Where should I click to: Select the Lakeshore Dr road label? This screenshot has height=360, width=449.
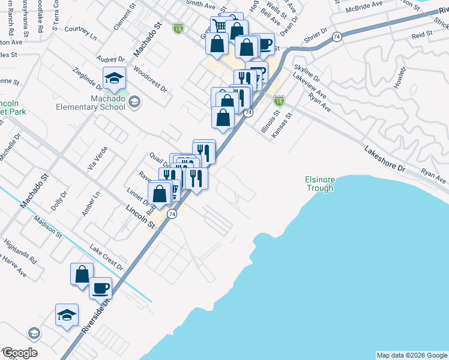pos(385,158)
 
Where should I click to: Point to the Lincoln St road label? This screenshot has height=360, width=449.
pos(140,216)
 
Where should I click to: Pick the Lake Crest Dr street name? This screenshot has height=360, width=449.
pos(106,257)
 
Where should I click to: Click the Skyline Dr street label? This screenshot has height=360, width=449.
pos(307,73)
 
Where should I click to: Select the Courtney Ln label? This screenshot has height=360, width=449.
pos(80,32)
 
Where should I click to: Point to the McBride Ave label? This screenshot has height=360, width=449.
pos(364,7)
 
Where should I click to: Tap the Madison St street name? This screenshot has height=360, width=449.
pos(48,227)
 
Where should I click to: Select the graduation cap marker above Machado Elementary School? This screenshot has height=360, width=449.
pos(113,77)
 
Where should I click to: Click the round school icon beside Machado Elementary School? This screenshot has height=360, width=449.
pos(134,101)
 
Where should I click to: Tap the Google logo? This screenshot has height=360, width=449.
pos(19,353)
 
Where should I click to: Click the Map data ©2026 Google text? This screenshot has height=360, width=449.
pos(411,355)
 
